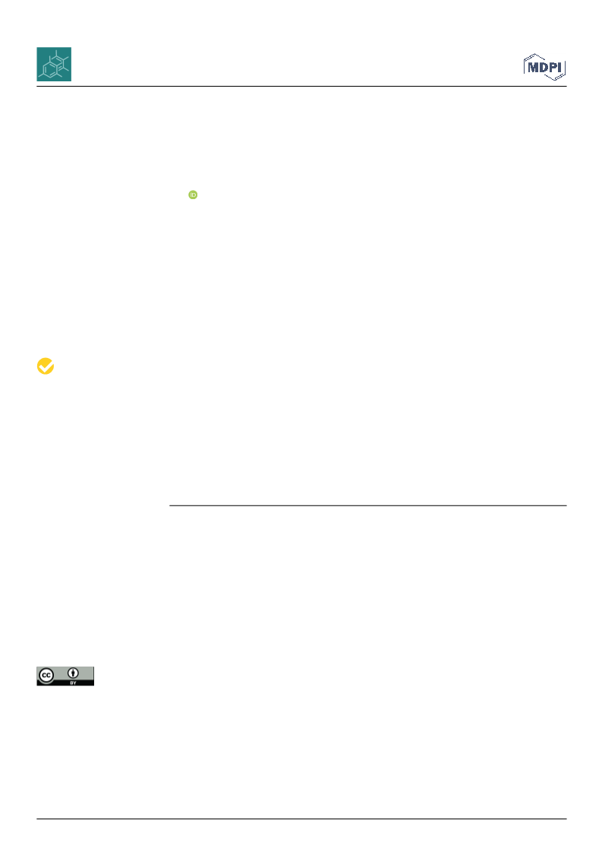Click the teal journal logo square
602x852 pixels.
tap(54, 64)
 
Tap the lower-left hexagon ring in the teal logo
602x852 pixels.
tap(49, 70)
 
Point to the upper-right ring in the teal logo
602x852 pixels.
tap(59, 60)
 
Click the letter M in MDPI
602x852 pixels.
tap(534, 68)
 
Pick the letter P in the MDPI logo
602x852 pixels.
tap(553, 68)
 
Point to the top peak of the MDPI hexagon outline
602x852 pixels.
tap(535, 54)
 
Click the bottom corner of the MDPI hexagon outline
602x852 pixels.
tap(555, 80)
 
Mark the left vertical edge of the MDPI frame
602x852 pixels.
tap(525, 67)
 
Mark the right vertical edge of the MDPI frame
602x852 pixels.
tap(565, 68)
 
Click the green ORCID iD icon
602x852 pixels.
tap(193, 195)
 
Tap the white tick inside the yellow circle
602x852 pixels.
tap(46, 367)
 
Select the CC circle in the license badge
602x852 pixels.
tap(46, 676)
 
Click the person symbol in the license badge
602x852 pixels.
tap(74, 673)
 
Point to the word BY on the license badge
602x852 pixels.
tap(74, 683)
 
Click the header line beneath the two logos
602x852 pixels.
tap(301, 87)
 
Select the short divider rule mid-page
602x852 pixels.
tap(368, 505)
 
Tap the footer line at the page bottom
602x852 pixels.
tap(301, 819)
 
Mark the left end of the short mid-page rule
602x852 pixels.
tap(169, 505)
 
